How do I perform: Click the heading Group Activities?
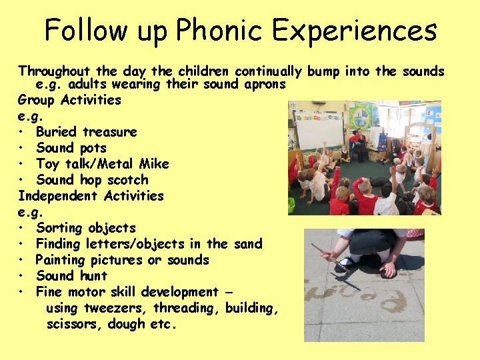click(69, 100)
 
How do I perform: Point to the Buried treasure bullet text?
click(86, 132)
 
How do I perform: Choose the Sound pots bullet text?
click(71, 148)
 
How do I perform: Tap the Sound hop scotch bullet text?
click(92, 180)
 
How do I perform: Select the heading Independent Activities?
click(91, 196)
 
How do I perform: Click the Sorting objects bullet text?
click(85, 228)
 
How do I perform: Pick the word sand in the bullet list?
click(248, 244)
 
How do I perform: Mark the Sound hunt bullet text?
click(71, 276)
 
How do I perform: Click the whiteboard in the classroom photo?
click(319, 129)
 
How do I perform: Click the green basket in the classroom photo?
click(291, 205)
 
